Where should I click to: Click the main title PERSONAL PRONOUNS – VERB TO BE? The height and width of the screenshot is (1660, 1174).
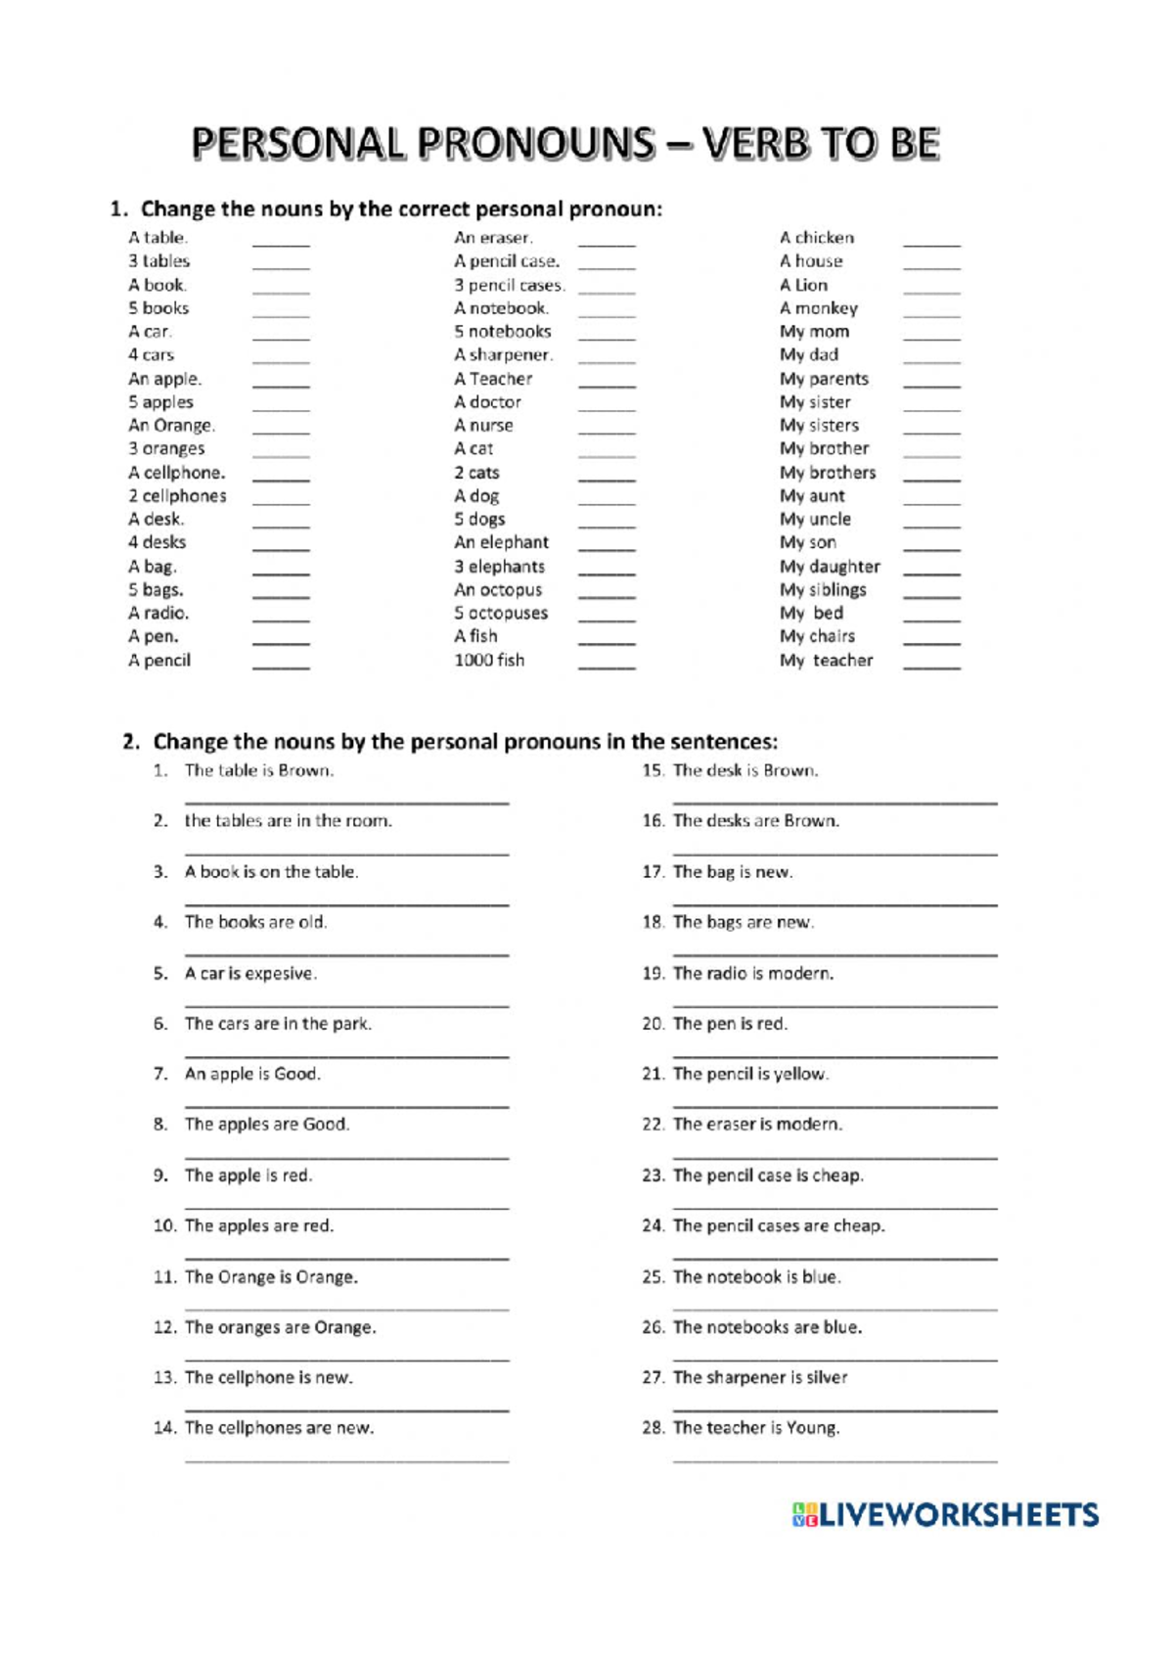click(x=565, y=144)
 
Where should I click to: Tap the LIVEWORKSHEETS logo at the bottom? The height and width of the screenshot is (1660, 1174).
click(x=945, y=1515)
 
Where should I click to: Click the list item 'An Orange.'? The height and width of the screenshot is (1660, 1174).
click(x=171, y=426)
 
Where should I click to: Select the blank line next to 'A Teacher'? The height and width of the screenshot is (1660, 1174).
click(x=607, y=388)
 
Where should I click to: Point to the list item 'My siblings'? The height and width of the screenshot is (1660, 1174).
click(x=823, y=590)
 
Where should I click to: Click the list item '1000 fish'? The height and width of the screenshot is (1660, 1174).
click(x=489, y=661)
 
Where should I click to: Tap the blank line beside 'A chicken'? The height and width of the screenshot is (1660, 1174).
click(x=931, y=246)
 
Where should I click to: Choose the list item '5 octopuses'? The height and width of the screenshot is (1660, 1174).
click(x=501, y=614)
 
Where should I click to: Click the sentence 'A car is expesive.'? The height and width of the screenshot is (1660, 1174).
click(x=250, y=974)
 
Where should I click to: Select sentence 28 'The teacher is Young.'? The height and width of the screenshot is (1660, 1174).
click(x=755, y=1428)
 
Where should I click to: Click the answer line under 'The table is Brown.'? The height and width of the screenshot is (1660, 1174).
click(x=346, y=803)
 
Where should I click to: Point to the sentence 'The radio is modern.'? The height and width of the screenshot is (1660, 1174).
click(x=752, y=974)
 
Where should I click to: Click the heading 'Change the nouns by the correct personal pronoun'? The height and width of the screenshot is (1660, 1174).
click(x=401, y=209)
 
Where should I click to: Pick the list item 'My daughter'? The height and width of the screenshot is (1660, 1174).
click(x=830, y=567)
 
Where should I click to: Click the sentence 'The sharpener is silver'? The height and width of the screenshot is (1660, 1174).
click(x=759, y=1378)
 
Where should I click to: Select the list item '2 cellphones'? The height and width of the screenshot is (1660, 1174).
click(x=177, y=496)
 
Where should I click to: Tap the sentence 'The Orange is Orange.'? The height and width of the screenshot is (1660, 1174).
click(x=271, y=1277)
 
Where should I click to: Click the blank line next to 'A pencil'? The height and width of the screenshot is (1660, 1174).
click(x=281, y=669)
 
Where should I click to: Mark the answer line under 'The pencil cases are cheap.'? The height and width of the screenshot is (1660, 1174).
click(x=835, y=1258)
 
